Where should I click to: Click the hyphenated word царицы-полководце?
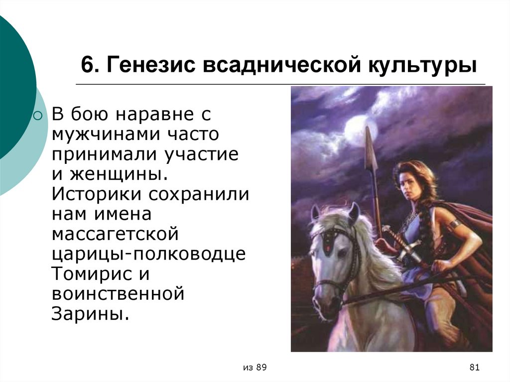point(148,254)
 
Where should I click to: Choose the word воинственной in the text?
point(118,294)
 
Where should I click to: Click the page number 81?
point(474,368)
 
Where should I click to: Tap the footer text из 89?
point(255,368)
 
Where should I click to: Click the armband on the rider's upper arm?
point(455,224)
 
